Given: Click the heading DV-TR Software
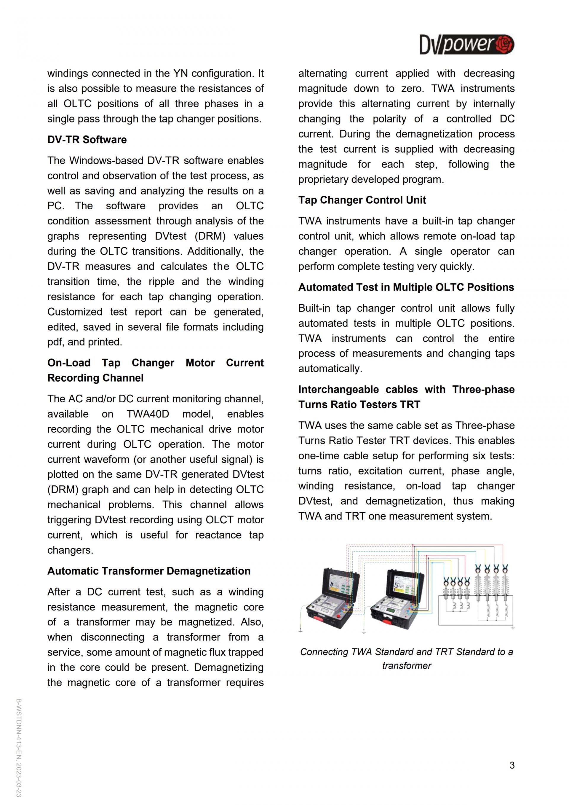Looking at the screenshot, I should coord(87,140).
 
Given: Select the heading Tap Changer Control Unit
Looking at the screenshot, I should coord(362,200).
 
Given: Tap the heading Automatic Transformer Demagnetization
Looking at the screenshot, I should coord(149,571).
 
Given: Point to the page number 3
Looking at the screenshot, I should coord(512,765).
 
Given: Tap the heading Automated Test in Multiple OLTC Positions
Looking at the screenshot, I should coord(406,287).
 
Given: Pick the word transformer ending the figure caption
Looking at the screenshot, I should coord(406,665).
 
